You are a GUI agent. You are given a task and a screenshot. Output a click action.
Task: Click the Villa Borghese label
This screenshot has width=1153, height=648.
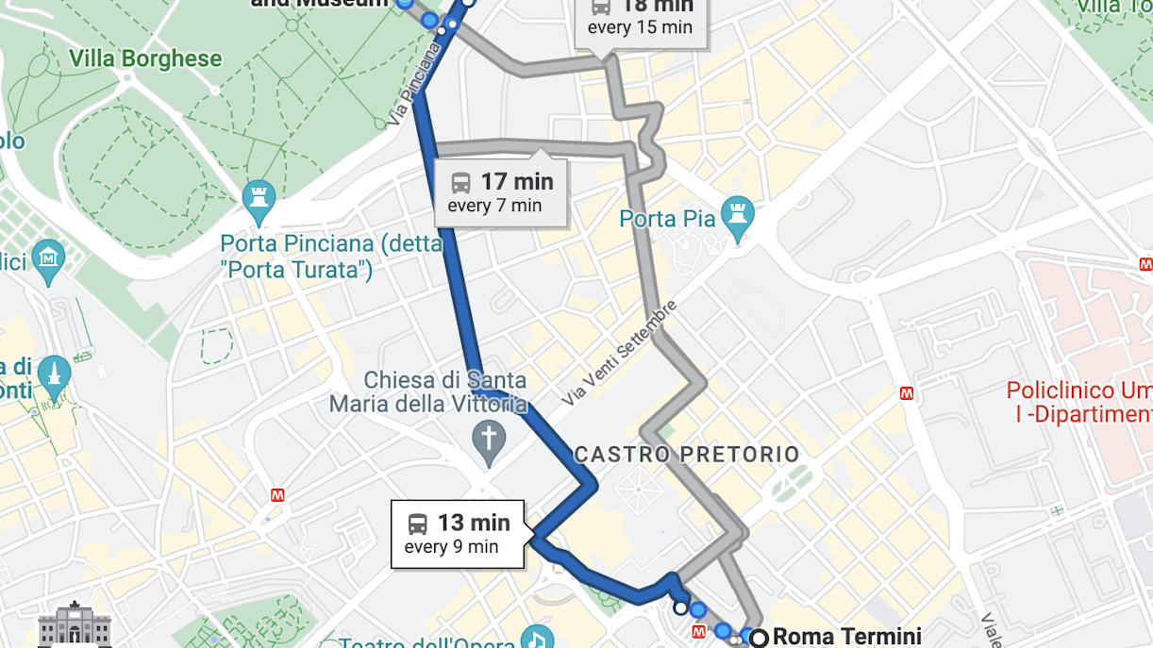pos(145,58)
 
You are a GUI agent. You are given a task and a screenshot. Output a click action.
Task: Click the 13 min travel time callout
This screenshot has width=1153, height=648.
pos(458,534)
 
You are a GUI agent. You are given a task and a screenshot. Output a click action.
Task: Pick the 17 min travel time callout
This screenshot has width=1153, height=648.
pos(500,192)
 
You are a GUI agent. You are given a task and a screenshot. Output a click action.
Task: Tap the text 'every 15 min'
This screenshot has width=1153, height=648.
pos(640,27)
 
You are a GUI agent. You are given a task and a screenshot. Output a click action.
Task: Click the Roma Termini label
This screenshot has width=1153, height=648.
pos(846,637)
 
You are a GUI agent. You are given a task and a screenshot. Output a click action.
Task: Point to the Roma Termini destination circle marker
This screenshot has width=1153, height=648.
pos(758,638)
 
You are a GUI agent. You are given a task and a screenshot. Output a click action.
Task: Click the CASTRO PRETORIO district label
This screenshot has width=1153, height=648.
pos(687,455)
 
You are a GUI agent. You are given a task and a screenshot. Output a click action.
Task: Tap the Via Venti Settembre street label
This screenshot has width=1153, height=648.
pos(620,354)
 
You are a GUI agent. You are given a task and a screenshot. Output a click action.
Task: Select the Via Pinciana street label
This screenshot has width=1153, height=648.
pos(412,86)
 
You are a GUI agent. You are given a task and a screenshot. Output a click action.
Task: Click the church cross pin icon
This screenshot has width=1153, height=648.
pos(488,440)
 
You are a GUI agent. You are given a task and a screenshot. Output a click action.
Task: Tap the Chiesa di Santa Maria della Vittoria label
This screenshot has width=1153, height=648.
pos(428,392)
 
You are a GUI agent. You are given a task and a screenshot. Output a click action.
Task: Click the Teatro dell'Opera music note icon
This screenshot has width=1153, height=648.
pos(537,639)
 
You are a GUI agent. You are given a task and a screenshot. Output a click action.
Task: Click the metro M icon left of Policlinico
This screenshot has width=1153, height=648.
pos(907,393)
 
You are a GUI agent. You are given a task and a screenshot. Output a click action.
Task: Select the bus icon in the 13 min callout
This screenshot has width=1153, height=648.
pos(418,523)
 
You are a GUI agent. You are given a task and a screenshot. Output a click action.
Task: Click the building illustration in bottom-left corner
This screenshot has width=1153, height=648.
pos(75,624)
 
